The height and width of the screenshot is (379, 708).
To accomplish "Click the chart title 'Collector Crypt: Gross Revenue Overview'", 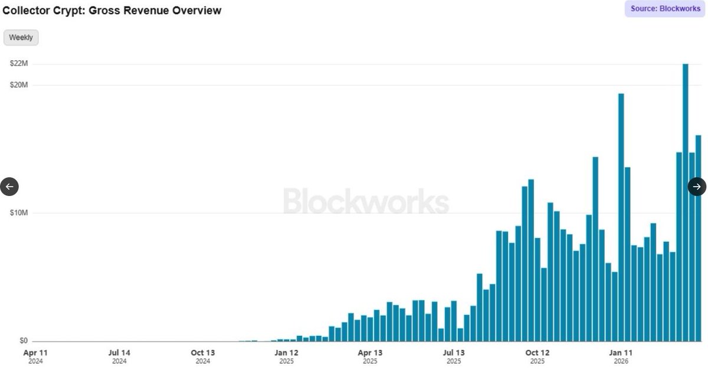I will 112,11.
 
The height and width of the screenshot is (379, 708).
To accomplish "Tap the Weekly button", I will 21,37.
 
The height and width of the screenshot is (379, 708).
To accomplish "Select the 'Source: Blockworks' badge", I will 665,8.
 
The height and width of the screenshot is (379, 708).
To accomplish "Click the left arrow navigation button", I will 9,187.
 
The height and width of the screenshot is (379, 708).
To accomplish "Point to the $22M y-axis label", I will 19,63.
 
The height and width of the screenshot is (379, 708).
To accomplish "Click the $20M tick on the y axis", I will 19,85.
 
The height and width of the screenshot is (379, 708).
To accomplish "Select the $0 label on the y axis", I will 23,341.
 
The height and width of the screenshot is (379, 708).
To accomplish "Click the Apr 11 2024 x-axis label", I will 35,356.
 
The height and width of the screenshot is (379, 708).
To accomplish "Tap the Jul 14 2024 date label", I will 119,356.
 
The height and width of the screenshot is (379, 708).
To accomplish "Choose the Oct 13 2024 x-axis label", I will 203,356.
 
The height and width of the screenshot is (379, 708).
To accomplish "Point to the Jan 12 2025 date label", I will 287,356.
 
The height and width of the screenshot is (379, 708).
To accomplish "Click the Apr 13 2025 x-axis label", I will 370,356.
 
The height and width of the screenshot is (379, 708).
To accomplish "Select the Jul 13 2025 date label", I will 454,356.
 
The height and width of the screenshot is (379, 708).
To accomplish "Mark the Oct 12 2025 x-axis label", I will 537,356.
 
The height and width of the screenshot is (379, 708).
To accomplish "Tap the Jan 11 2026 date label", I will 621,356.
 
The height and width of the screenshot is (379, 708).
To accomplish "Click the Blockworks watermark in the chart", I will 366,201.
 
